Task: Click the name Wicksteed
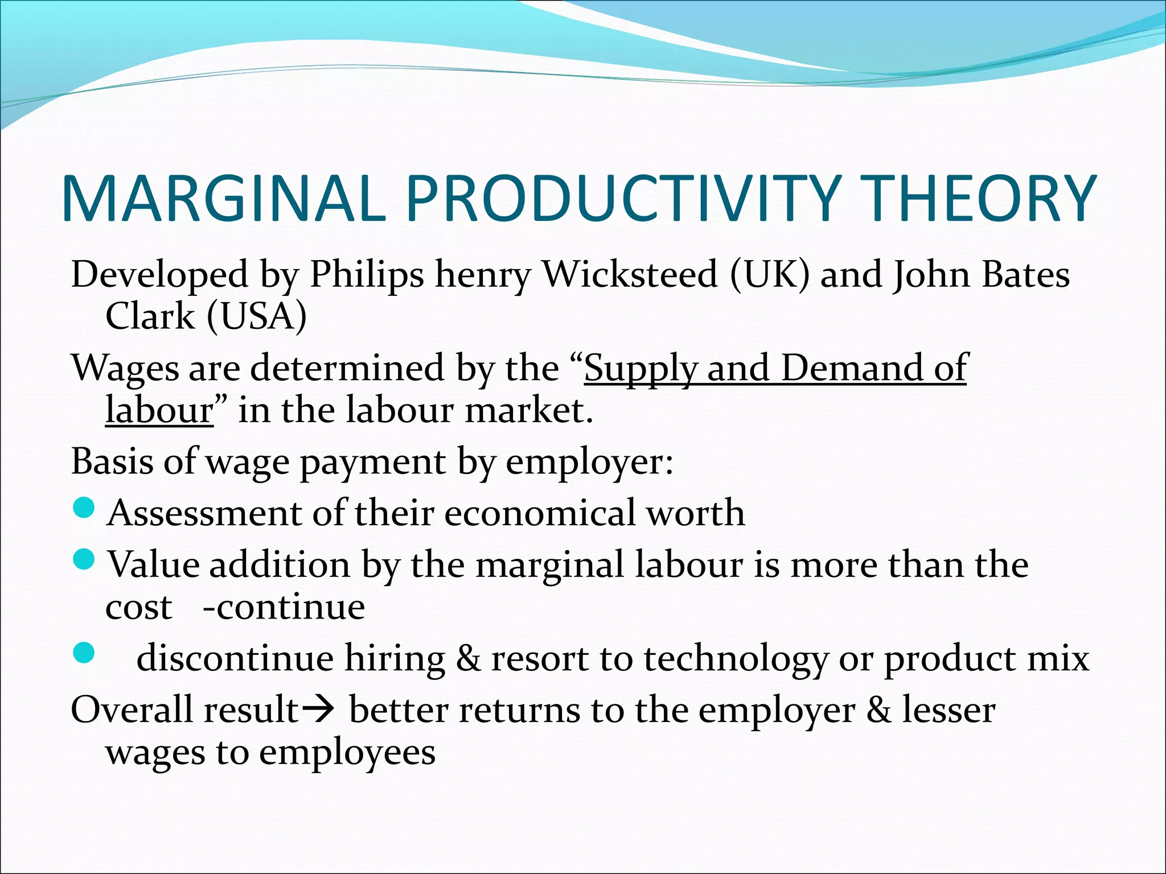tap(630, 275)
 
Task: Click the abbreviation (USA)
tap(256, 316)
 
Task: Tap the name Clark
tap(150, 316)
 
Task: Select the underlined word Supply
tap(639, 369)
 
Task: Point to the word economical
tap(539, 513)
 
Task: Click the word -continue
tap(284, 607)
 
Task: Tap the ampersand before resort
tap(468, 659)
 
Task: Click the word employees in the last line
tap(347, 753)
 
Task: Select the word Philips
tap(367, 275)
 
